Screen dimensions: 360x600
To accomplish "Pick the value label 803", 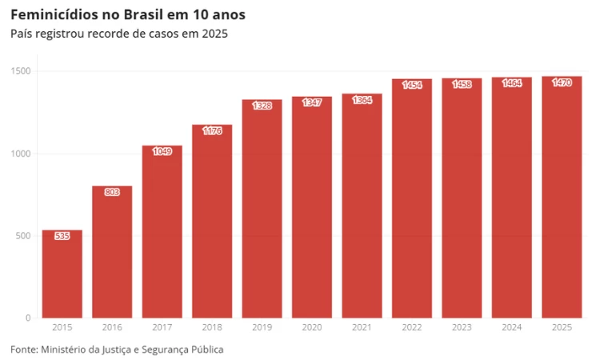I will tap(112, 192).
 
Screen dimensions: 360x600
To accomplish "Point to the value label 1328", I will tap(262, 106).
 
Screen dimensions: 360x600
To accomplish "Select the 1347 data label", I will tap(312, 103).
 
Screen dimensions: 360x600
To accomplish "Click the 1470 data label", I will tap(562, 83).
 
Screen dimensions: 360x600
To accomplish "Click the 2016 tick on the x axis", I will tap(112, 327).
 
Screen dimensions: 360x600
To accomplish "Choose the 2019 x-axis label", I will tap(262, 327).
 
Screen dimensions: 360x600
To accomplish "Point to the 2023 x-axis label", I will tap(462, 327).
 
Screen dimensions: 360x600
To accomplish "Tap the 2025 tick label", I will tap(562, 327).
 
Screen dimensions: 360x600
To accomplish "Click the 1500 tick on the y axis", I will tap(21, 71).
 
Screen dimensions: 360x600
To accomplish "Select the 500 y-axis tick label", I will tap(23, 236).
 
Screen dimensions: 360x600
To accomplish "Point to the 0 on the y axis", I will tap(28, 318).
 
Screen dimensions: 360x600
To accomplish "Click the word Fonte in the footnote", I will tap(23, 350).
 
